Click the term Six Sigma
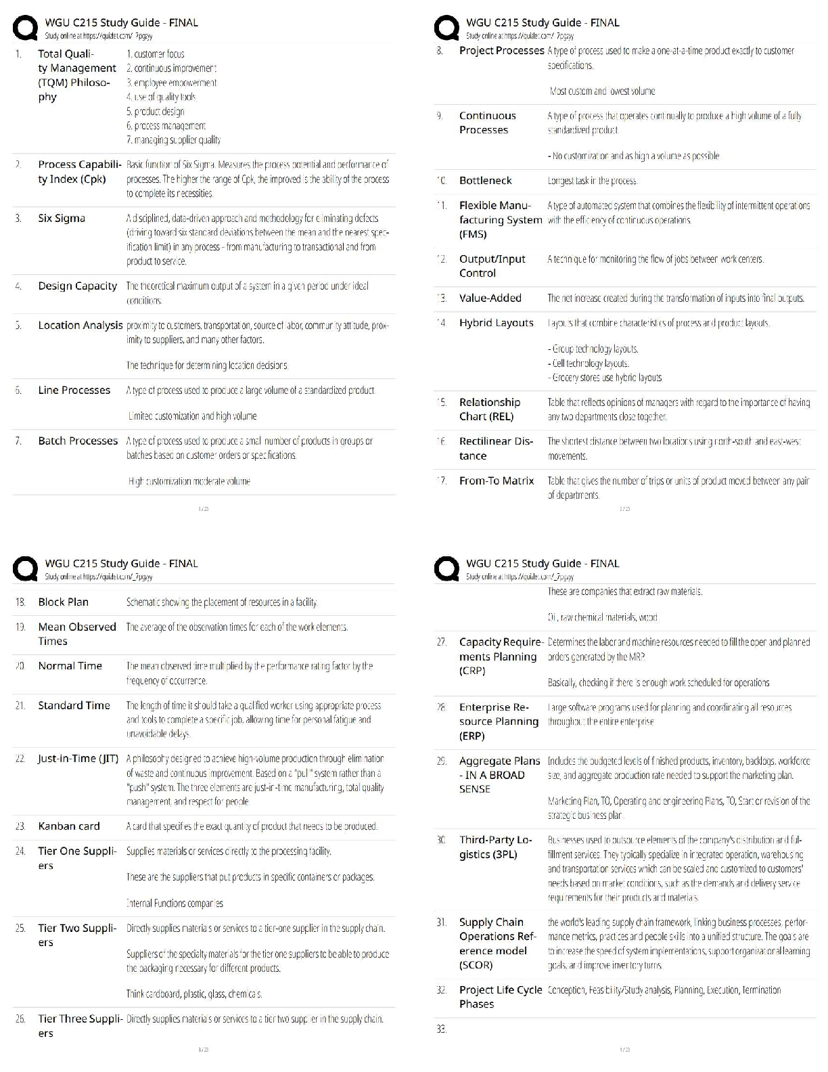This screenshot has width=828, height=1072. click(x=62, y=219)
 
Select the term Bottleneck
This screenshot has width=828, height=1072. click(x=485, y=181)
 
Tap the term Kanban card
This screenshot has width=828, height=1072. click(x=68, y=826)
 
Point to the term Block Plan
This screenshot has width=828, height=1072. click(x=63, y=602)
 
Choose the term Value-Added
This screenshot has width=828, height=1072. click(x=490, y=298)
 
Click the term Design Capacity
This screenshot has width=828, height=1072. click(x=77, y=286)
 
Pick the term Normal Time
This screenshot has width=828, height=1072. click(x=70, y=666)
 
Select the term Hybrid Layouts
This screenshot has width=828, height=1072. click(x=496, y=323)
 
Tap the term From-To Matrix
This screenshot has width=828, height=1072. click(x=496, y=481)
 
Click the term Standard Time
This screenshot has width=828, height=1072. click(x=74, y=705)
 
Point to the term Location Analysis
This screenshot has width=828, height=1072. click(x=80, y=326)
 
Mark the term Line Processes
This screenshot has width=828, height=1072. click(x=74, y=390)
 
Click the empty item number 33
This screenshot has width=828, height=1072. click(x=441, y=1029)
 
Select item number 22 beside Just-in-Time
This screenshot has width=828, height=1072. click(x=20, y=759)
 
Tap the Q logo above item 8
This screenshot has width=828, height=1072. click(x=446, y=28)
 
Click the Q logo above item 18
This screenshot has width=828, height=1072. click(x=26, y=569)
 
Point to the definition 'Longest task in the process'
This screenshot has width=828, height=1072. click(x=592, y=181)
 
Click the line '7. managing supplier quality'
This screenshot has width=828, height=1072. click(x=173, y=140)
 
